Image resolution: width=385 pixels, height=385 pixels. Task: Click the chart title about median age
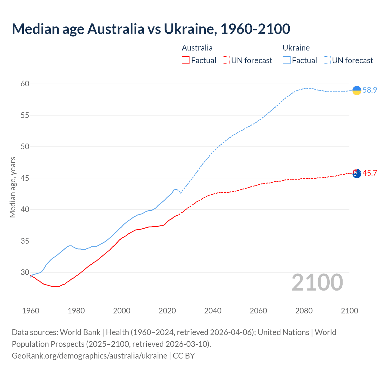click(x=151, y=29)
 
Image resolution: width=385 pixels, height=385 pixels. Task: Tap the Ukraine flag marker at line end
click(x=357, y=90)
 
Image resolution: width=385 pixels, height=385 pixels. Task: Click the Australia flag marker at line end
click(x=357, y=173)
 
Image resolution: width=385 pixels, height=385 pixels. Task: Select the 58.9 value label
click(x=370, y=90)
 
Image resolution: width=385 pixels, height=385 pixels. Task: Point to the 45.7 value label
click(x=370, y=173)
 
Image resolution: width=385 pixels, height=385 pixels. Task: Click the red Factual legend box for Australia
click(x=186, y=60)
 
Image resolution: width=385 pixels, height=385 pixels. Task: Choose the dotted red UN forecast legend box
click(x=226, y=60)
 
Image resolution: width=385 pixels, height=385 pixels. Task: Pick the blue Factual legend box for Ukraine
click(x=287, y=60)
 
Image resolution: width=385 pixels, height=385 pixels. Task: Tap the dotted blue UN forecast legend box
click(x=327, y=60)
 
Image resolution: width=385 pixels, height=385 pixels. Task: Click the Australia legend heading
click(x=197, y=48)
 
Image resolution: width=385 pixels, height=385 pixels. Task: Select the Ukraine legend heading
click(x=296, y=48)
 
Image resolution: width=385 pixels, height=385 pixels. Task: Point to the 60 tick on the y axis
click(x=25, y=84)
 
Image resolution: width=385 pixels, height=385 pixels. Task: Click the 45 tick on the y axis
click(x=25, y=178)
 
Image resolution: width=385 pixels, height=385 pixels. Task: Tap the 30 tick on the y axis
click(x=25, y=273)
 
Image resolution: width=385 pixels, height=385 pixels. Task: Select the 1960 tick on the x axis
click(x=31, y=311)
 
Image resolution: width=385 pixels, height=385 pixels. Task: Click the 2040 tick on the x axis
click(x=213, y=311)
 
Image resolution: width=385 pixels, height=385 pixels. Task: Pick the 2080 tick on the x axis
click(x=304, y=311)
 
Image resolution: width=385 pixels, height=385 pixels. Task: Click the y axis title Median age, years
click(x=13, y=187)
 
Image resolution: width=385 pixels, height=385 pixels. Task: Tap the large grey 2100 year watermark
click(x=317, y=282)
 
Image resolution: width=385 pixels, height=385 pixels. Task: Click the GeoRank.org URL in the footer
click(x=89, y=356)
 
